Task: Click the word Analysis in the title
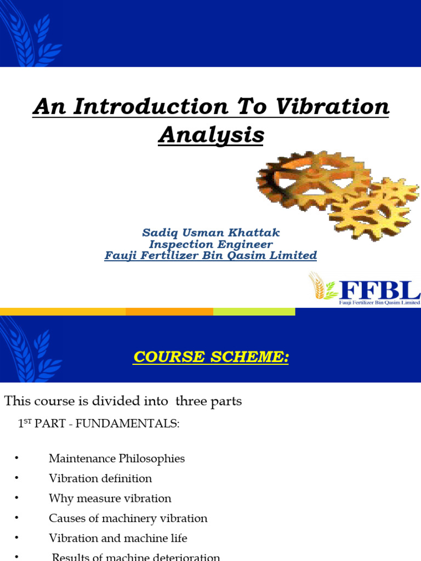211,135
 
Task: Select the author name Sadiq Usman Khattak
210,233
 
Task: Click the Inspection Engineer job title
210,244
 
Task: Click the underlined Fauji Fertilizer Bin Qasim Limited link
210,255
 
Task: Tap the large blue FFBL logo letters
379,288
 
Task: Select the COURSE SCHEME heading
211,357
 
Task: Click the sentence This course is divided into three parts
123,401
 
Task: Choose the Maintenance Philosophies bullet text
117,459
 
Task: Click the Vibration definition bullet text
100,478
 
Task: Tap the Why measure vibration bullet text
110,499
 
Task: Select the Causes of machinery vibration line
128,518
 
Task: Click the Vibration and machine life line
118,538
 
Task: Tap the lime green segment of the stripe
254,312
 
